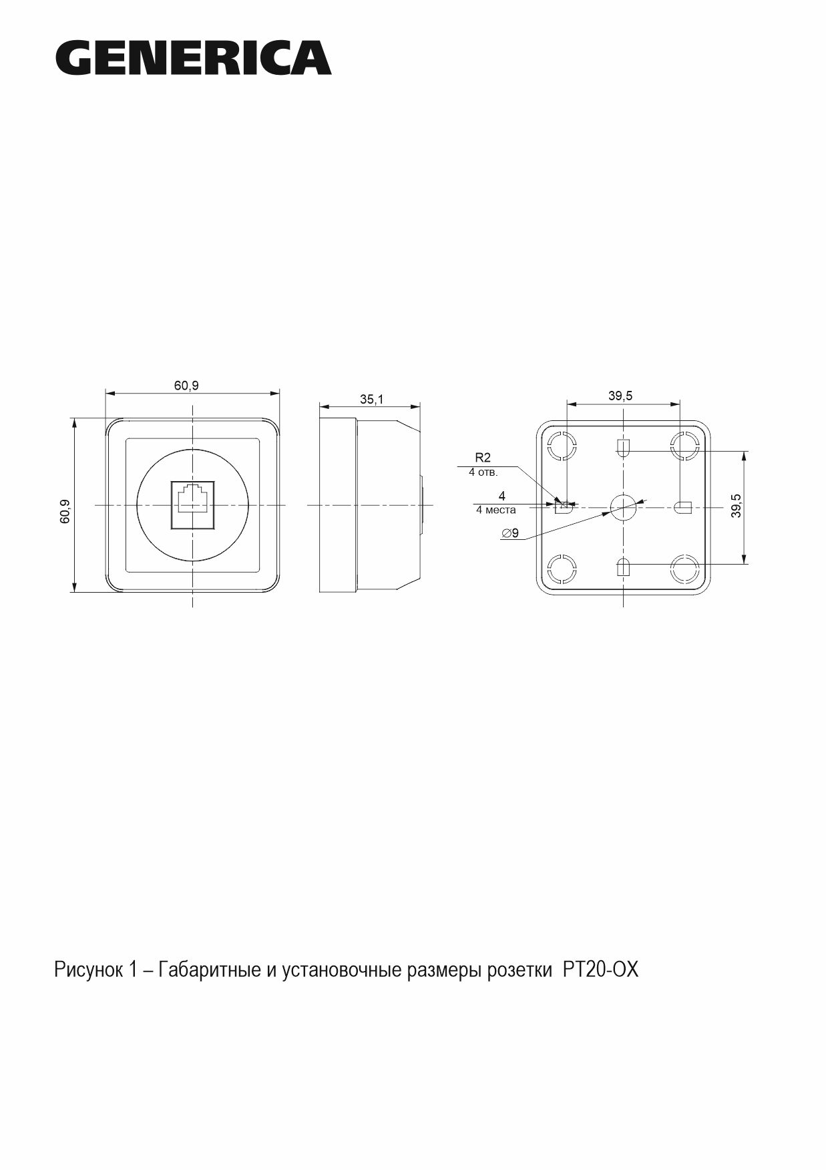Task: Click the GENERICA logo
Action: coord(194,57)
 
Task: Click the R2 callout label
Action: coord(483,458)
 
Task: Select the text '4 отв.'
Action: coord(483,472)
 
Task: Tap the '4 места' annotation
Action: coord(495,510)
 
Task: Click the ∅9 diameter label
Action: coord(509,533)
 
